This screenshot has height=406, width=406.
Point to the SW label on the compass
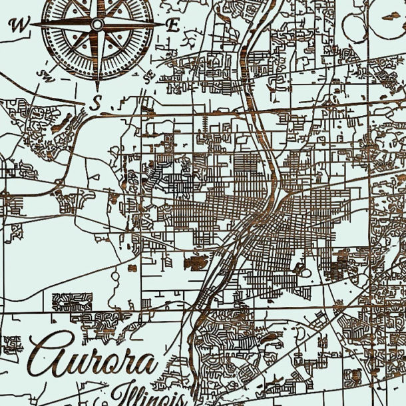(46, 74)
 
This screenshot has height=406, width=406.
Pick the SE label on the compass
(148, 74)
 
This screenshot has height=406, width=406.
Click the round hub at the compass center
(97, 25)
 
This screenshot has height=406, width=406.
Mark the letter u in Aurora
(73, 365)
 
